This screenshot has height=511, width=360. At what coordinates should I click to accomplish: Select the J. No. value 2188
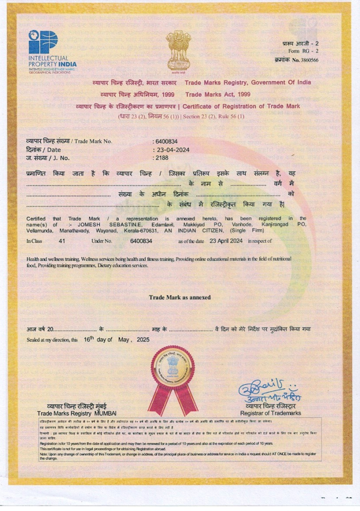163,158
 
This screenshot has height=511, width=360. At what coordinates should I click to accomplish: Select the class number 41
62,241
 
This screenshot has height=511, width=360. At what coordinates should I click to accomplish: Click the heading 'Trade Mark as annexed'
180,297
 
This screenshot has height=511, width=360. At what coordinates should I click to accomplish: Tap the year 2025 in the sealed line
143,339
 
